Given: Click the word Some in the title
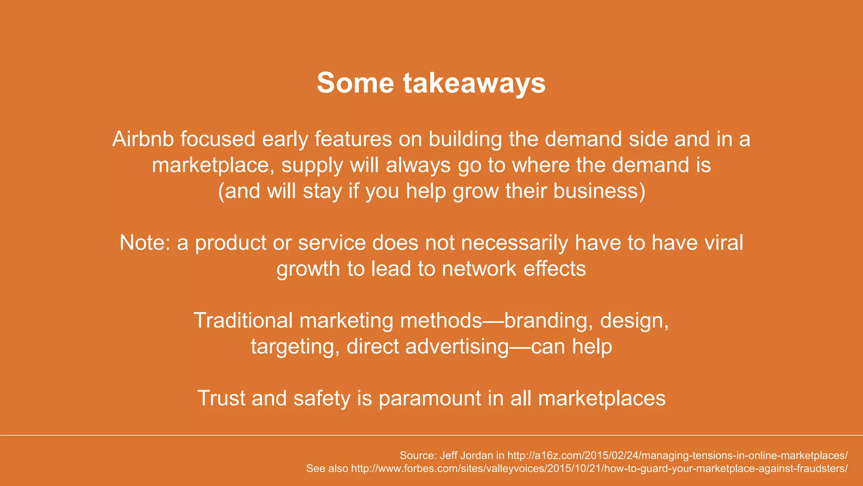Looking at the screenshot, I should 355,83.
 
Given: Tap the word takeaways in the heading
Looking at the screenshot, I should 474,83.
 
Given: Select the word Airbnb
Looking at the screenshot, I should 143,139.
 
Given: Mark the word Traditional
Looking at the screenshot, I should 243,321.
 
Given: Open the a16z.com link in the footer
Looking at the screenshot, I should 677,456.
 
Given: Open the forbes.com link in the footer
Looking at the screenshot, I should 599,469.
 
